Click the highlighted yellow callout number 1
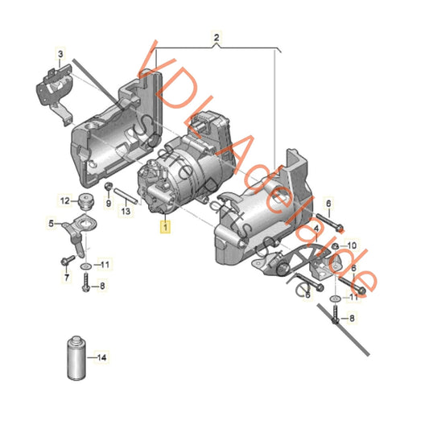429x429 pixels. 166,228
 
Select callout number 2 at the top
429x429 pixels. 216,38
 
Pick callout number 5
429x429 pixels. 67,276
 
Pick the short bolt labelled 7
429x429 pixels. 64,260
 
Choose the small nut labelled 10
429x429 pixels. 336,244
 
